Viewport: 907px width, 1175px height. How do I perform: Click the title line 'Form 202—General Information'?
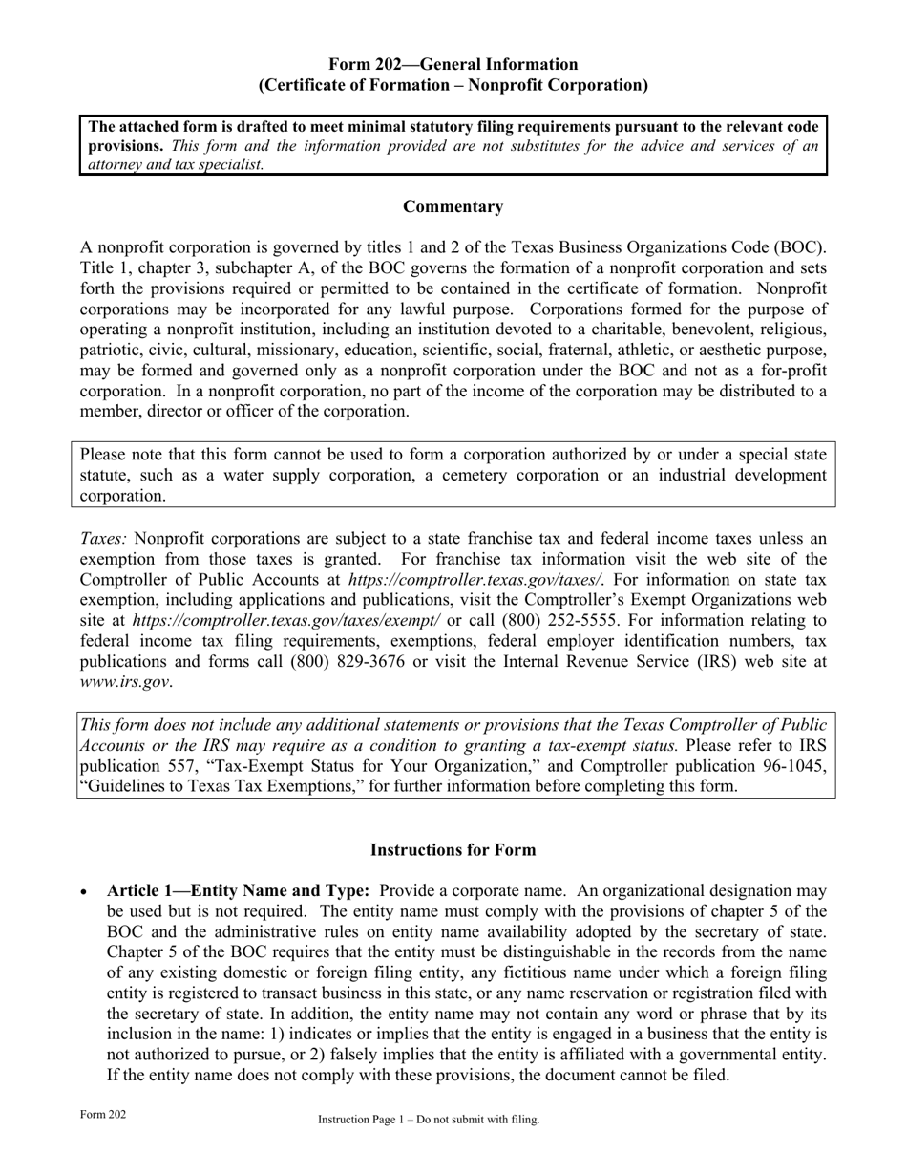[x=453, y=64]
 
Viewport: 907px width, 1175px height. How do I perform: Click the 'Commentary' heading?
[x=453, y=206]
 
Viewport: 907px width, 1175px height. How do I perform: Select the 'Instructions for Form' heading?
[x=453, y=849]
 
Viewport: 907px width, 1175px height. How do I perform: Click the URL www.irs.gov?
[x=125, y=683]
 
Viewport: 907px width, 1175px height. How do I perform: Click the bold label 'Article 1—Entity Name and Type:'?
[x=239, y=890]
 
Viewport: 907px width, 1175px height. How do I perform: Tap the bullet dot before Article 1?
[x=86, y=891]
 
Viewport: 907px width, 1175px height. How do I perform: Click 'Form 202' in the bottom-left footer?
[x=103, y=1114]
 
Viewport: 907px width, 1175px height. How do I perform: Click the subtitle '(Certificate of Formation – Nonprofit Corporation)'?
[x=453, y=85]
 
